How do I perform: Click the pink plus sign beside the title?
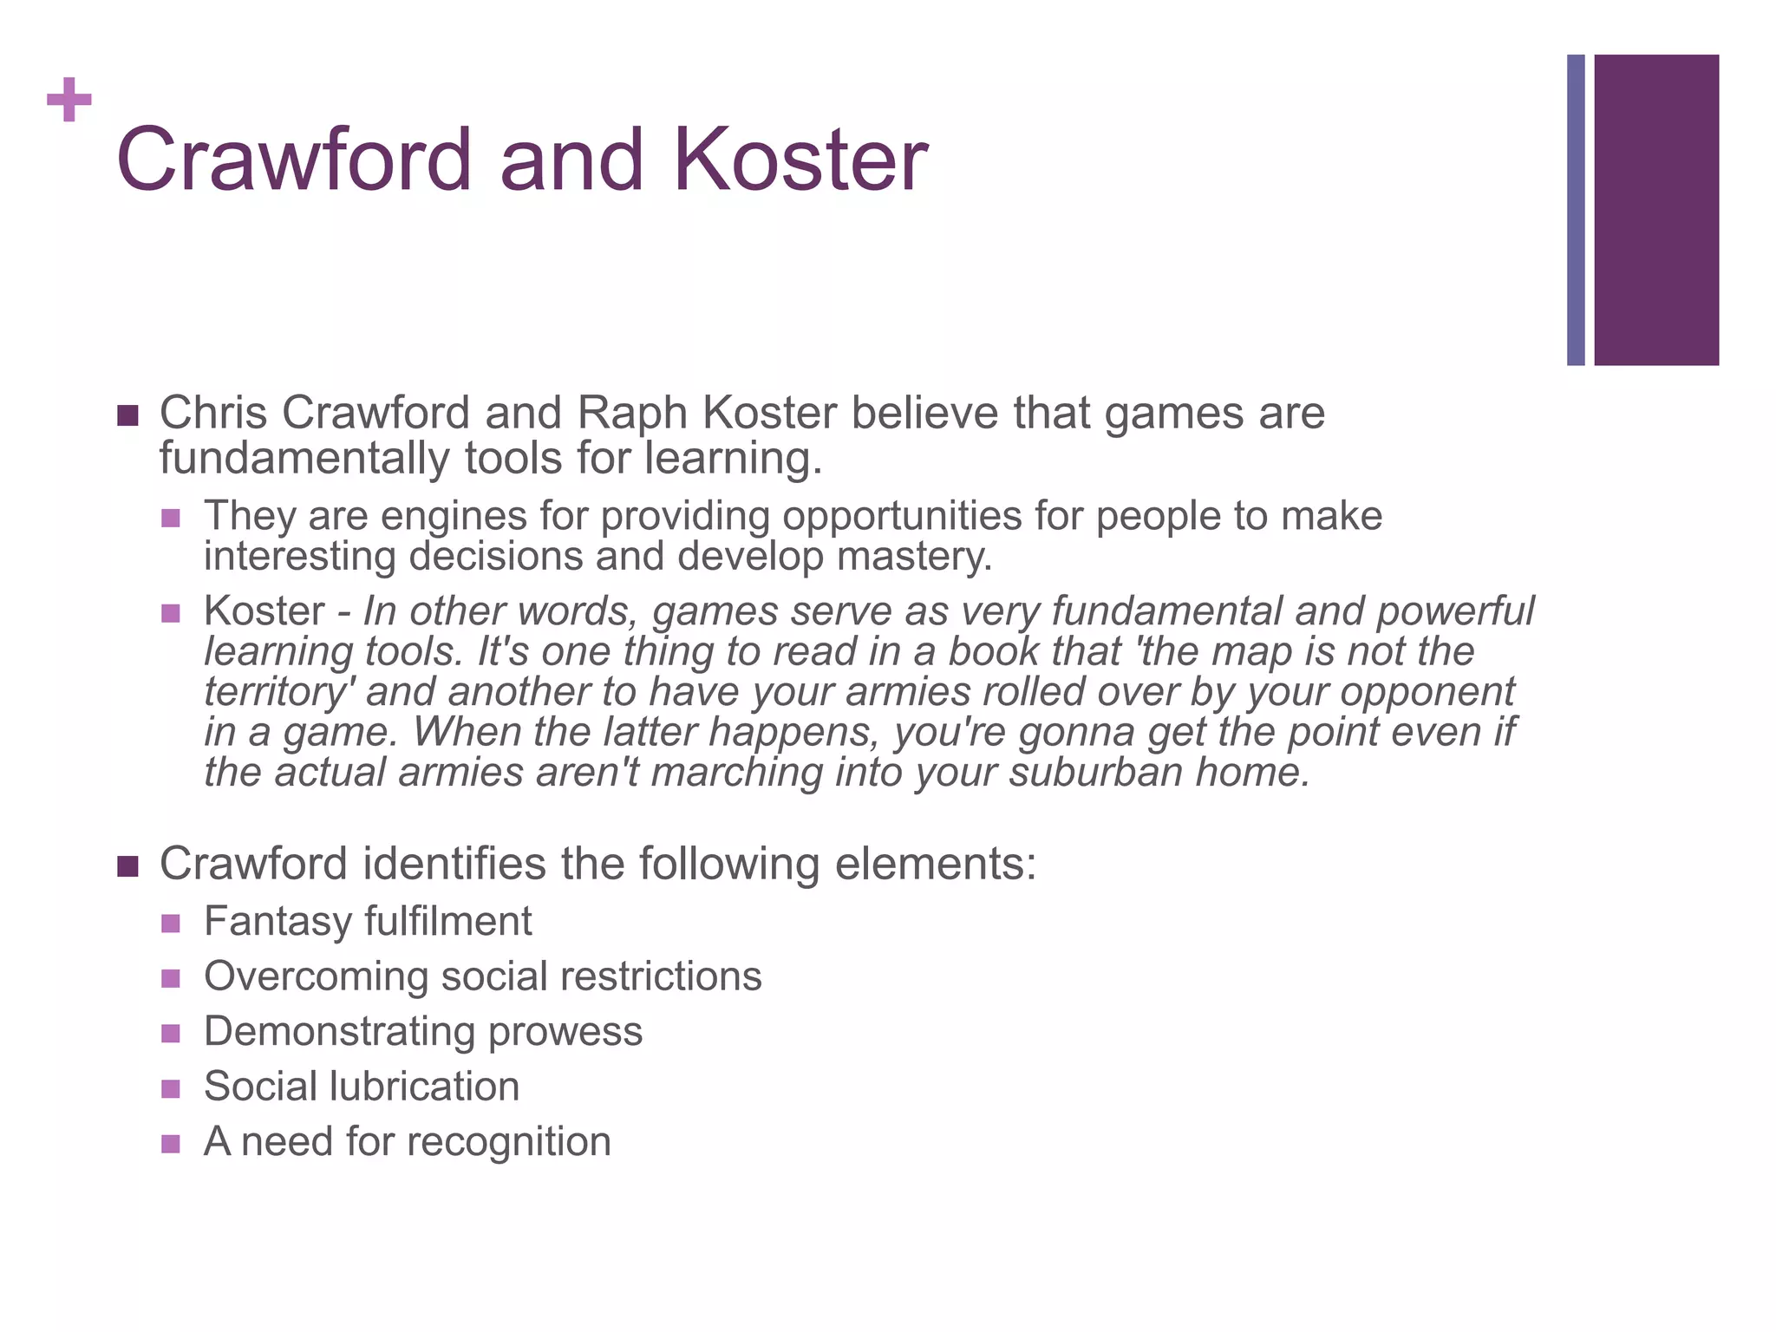pyautogui.click(x=69, y=101)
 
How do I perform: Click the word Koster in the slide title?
pyautogui.click(x=800, y=160)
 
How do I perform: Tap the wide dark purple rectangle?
pyautogui.click(x=1655, y=210)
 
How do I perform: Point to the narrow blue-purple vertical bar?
pyautogui.click(x=1576, y=210)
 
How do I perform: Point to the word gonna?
pyautogui.click(x=1076, y=732)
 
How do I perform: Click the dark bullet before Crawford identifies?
pyautogui.click(x=127, y=865)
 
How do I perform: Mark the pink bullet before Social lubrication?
pyautogui.click(x=171, y=1088)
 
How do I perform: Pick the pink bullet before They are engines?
pyautogui.click(x=171, y=518)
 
